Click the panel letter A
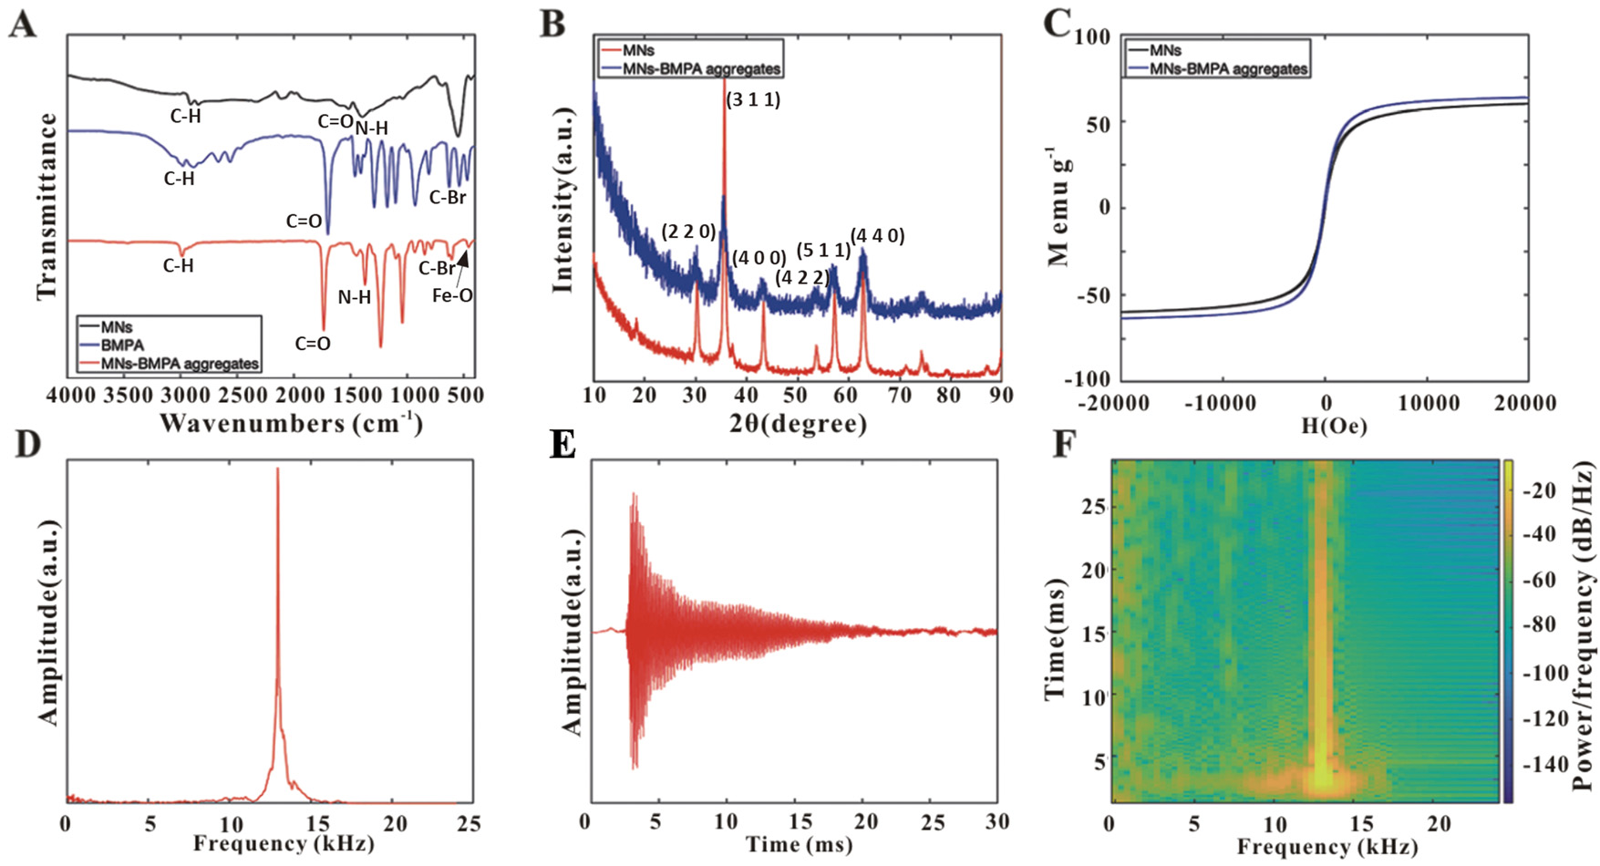click(x=22, y=23)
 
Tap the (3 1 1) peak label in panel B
click(x=753, y=99)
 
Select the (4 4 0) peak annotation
click(x=877, y=236)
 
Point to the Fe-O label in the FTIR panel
click(x=452, y=295)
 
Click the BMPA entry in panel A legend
click(x=122, y=345)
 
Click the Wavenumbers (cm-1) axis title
click(x=291, y=423)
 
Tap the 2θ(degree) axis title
click(x=798, y=423)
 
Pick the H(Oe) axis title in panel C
click(x=1333, y=426)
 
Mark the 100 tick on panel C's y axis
click(x=1092, y=37)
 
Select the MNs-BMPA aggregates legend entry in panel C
click(x=1228, y=68)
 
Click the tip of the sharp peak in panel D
click(x=277, y=469)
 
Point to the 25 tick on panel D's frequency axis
click(x=469, y=824)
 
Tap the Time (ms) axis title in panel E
click(x=799, y=845)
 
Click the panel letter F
click(x=1064, y=445)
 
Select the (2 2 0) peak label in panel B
click(x=688, y=232)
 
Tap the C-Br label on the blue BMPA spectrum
click(x=448, y=197)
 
